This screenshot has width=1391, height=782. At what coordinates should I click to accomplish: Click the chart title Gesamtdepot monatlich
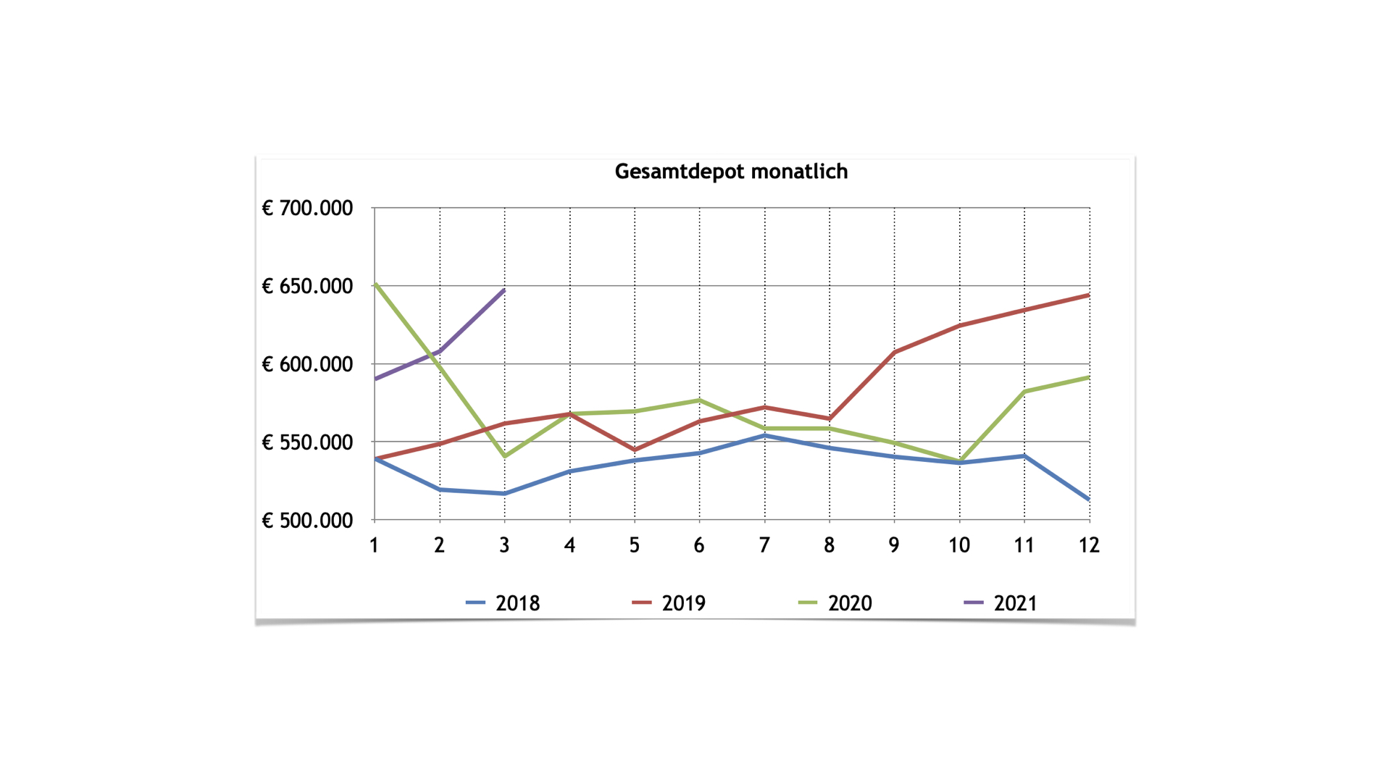tap(731, 172)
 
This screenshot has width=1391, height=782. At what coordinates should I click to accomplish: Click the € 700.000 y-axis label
tap(307, 209)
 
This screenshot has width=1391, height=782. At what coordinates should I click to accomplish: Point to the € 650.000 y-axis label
tap(307, 287)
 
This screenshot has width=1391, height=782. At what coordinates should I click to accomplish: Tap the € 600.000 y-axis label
tap(307, 364)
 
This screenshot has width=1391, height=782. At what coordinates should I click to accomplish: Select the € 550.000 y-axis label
tap(307, 442)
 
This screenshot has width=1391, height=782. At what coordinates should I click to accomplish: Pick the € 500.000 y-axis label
tap(307, 521)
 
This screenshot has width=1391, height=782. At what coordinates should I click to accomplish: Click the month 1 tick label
tap(374, 545)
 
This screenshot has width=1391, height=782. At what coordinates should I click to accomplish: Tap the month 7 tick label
tap(764, 545)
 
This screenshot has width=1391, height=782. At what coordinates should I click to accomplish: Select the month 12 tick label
tap(1089, 545)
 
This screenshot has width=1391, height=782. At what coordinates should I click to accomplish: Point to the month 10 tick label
tap(959, 545)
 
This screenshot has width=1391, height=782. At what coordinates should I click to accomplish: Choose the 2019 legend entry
tap(669, 603)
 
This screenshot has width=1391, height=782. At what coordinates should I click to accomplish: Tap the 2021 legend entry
tap(1001, 603)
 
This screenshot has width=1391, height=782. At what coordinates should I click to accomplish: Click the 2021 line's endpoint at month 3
tap(504, 290)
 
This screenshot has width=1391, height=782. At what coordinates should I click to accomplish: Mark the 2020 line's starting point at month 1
tap(375, 285)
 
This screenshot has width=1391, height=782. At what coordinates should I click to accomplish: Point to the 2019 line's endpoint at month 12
tap(1089, 295)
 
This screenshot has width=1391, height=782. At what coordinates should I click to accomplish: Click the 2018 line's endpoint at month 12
tap(1089, 499)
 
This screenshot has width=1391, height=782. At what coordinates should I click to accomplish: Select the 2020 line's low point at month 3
tap(505, 456)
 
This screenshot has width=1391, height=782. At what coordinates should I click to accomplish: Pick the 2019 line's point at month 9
tap(895, 353)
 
